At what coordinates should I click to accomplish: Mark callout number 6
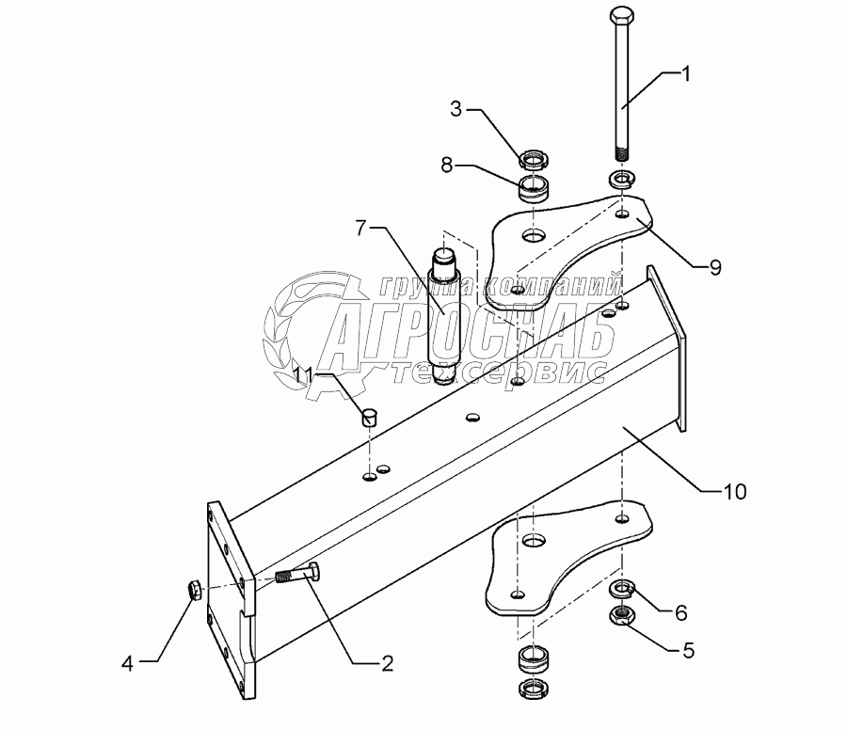click(x=706, y=612)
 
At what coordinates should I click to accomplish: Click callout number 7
click(x=362, y=227)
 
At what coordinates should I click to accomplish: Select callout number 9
click(x=715, y=267)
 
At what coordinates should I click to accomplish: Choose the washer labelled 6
click(x=621, y=591)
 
